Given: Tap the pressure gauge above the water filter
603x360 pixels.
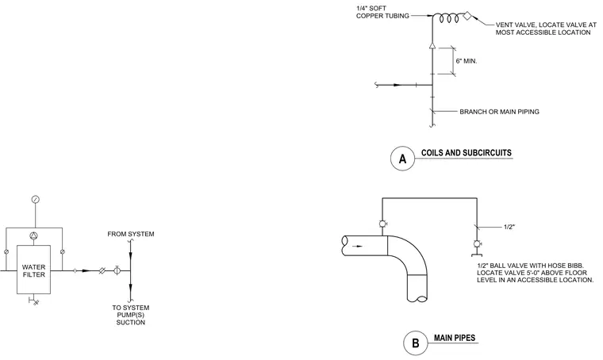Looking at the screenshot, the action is [x=36, y=199].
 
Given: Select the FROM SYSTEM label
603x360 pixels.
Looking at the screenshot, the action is [x=131, y=234].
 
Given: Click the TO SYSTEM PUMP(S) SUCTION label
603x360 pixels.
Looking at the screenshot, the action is [x=131, y=315].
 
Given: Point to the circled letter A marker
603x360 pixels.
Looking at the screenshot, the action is [x=402, y=159].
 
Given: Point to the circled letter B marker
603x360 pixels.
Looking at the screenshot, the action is [x=415, y=343].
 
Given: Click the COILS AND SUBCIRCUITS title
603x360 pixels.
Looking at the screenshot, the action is [x=466, y=152].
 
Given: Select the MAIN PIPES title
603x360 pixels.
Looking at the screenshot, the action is [x=455, y=338].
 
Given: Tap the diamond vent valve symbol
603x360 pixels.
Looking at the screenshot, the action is [x=467, y=16].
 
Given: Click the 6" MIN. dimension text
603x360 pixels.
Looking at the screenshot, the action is [x=466, y=61].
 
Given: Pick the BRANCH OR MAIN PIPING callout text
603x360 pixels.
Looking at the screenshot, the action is [x=499, y=112].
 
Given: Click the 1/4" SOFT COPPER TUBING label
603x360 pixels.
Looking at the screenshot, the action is [x=382, y=12].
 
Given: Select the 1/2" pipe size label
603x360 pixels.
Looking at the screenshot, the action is [x=509, y=227].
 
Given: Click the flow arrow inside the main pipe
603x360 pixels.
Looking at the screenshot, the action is [x=357, y=247].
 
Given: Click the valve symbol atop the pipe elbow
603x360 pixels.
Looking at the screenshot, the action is [x=382, y=224].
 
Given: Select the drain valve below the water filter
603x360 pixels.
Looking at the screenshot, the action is [x=34, y=301].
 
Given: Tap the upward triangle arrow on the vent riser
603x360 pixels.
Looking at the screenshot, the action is [x=432, y=46].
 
